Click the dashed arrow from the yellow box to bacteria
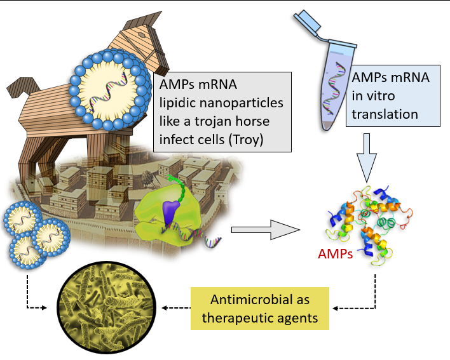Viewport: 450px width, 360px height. (175, 309)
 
